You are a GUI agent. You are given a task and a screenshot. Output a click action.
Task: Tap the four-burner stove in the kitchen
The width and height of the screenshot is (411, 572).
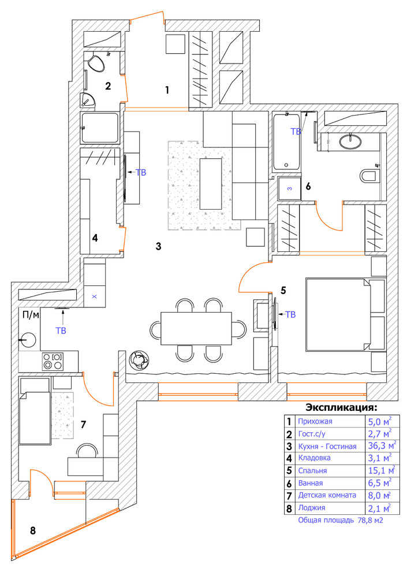click(53, 362)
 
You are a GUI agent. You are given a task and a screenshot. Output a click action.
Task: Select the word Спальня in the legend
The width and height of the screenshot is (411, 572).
click(312, 471)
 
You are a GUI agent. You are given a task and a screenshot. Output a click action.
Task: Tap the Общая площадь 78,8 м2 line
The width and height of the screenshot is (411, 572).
click(341, 521)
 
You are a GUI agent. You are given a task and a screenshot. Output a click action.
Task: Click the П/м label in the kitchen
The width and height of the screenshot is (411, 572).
click(30, 315)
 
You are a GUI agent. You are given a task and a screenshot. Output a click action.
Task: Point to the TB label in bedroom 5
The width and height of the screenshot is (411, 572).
click(290, 315)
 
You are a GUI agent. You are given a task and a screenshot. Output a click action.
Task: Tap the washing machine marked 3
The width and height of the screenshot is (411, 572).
click(289, 188)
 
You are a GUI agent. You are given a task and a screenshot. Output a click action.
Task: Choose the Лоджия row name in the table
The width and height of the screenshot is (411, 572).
click(311, 508)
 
